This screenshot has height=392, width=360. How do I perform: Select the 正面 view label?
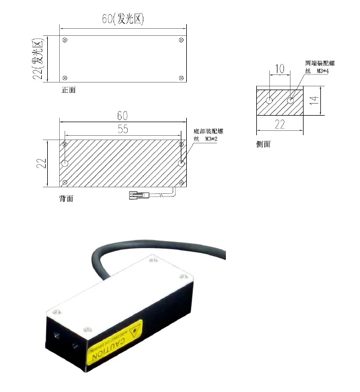tap(68, 90)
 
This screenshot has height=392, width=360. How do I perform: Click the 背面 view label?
tap(66, 199)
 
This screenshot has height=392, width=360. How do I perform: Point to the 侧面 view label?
tap(263, 144)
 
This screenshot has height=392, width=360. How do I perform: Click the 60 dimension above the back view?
tap(122, 116)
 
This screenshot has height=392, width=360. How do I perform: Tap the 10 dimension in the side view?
tap(280, 69)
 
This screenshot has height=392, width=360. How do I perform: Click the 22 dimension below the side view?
tap(280, 124)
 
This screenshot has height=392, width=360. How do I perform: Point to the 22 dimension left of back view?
tap(40, 162)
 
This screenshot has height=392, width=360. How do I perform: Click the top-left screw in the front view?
tap(65, 40)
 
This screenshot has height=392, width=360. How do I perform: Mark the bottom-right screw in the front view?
tap(181, 79)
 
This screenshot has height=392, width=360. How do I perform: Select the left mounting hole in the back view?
tap(65, 162)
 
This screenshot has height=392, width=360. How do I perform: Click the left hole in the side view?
tap(270, 100)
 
